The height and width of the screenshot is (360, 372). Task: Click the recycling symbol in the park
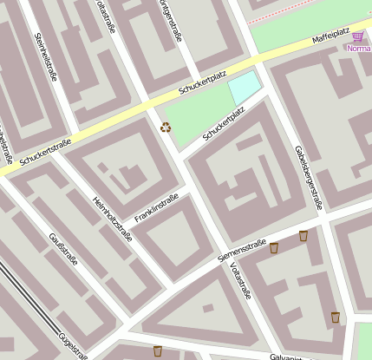click(166, 128)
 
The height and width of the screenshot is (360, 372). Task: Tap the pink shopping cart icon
click(357, 36)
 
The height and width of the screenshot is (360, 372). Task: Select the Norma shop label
click(358, 49)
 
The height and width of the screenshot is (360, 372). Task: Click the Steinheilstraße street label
click(46, 57)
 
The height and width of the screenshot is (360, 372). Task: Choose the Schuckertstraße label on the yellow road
click(45, 154)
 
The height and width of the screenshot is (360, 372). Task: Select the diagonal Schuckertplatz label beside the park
click(224, 124)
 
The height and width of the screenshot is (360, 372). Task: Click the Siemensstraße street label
click(242, 250)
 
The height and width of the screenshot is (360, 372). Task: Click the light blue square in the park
click(244, 88)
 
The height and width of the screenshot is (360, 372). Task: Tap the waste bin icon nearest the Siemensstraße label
click(274, 248)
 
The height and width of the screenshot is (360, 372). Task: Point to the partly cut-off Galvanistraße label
click(285, 357)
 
